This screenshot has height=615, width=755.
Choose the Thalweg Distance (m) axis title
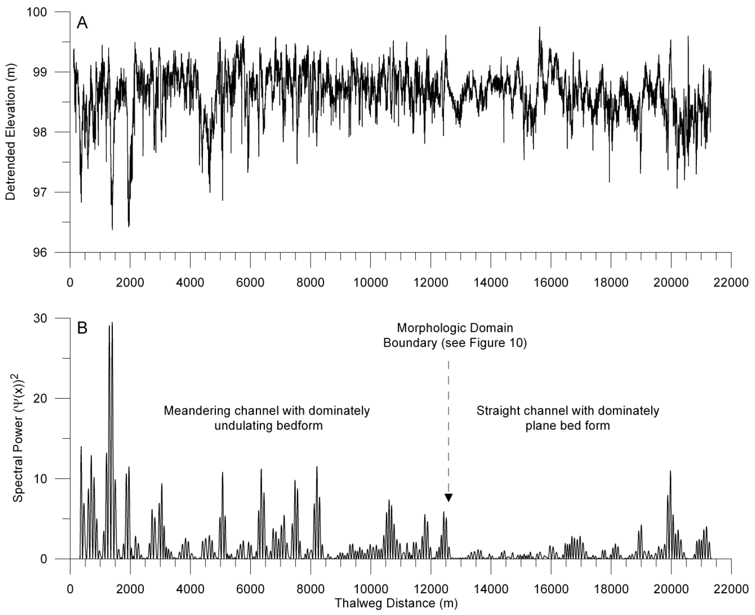pos(396,603)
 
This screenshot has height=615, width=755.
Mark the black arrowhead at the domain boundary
pos(448,498)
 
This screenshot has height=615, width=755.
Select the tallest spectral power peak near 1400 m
pos(112,323)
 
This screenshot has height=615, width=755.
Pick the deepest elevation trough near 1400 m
pos(112,229)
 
